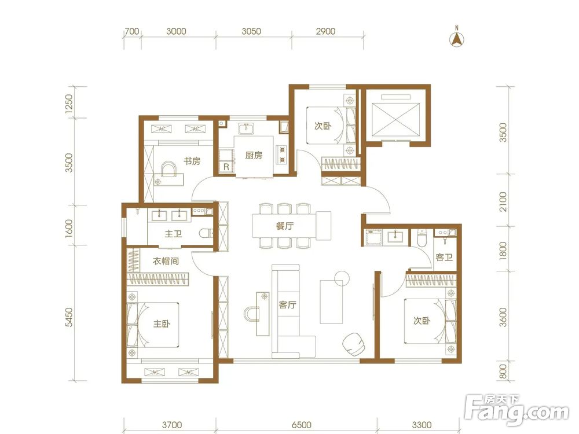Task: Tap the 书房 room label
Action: tap(192, 161)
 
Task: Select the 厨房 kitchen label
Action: tap(254, 155)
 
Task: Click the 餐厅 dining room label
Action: tap(285, 226)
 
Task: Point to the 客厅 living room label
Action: tap(288, 305)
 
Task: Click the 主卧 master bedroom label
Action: tap(162, 323)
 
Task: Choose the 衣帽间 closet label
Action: tap(166, 261)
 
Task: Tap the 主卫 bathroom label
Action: tap(173, 234)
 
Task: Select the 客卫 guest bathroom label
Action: tap(444, 257)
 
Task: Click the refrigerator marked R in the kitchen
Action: tap(226, 167)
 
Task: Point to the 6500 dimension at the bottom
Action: tap(301, 425)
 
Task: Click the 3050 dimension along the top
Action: tap(251, 31)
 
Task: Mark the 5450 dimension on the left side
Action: tap(69, 317)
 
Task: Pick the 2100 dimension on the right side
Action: tap(503, 201)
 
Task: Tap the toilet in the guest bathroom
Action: tap(421, 238)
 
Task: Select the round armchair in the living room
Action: tap(354, 344)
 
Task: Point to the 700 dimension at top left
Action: tap(132, 31)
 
